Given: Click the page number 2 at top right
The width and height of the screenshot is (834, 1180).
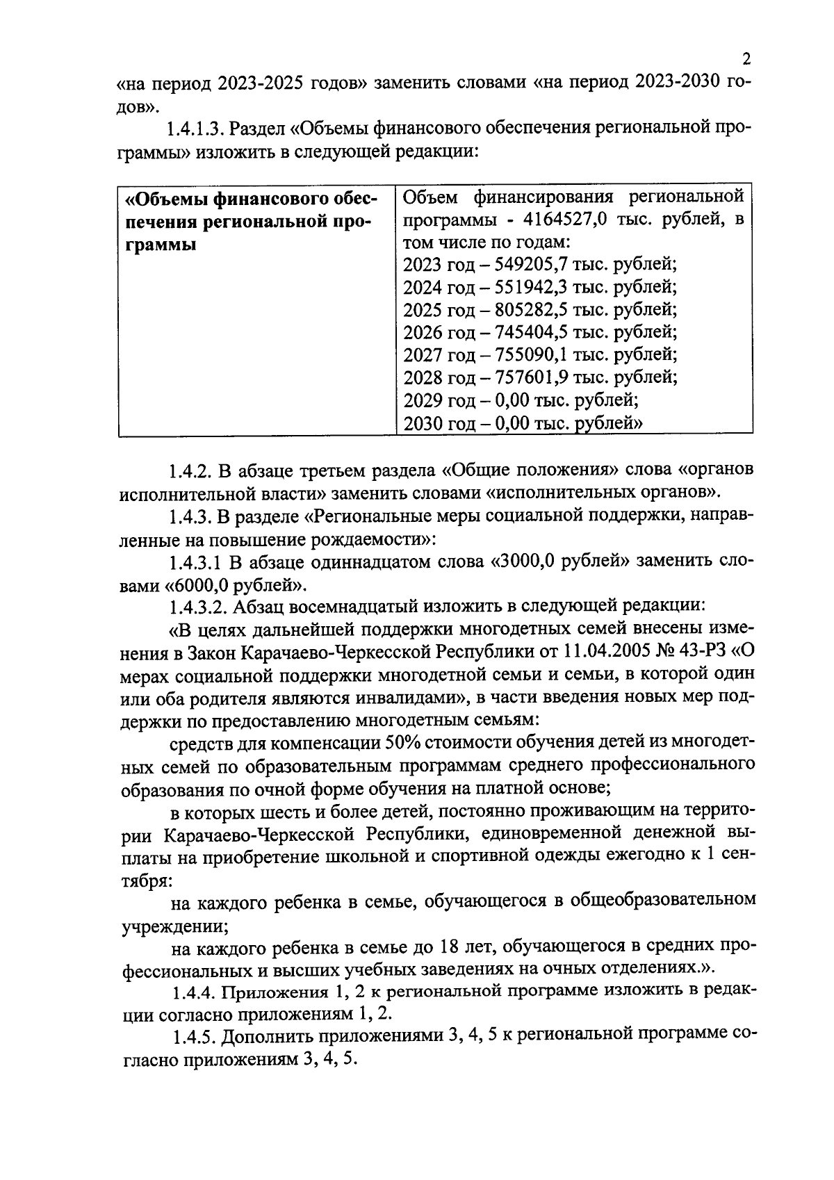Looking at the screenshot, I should tap(746, 59).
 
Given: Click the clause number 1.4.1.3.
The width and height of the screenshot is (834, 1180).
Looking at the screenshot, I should tap(194, 129).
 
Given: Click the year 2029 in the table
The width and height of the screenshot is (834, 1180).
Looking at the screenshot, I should tap(422, 400).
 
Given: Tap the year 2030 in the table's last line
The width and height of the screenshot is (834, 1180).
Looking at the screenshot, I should tap(422, 423).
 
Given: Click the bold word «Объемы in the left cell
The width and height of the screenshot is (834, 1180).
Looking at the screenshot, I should tap(164, 199).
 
